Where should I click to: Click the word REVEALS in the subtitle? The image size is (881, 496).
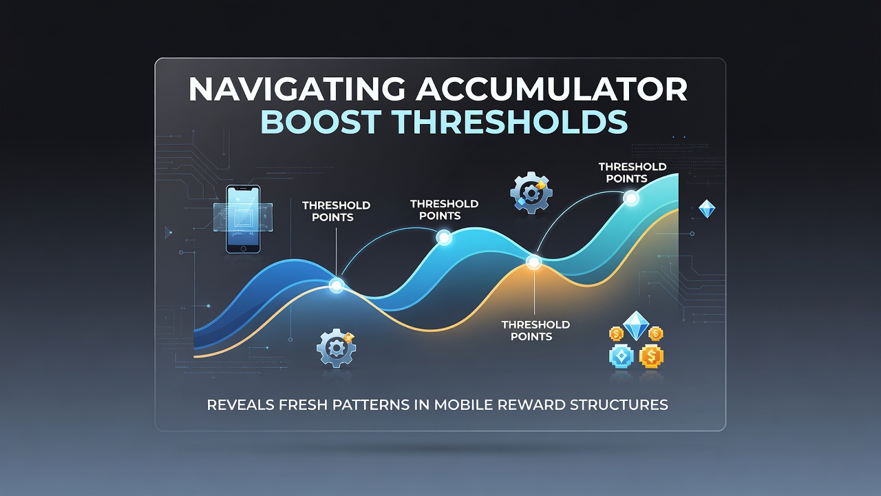tap(240, 404)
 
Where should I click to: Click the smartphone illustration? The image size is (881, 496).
tap(243, 219)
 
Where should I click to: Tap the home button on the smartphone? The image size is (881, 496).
tap(243, 249)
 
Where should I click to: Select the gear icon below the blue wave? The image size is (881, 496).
tap(337, 348)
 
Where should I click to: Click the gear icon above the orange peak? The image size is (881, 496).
tap(531, 192)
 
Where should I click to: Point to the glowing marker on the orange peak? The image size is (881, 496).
tap(533, 262)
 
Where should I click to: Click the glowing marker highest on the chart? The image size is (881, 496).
tap(631, 198)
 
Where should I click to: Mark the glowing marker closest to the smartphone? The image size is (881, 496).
tap(337, 285)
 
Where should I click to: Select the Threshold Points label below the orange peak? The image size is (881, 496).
tap(535, 331)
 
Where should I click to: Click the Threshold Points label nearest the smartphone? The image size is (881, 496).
tap(337, 211)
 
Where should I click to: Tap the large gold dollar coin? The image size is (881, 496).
tap(651, 356)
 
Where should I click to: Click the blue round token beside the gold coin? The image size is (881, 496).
tap(622, 356)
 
